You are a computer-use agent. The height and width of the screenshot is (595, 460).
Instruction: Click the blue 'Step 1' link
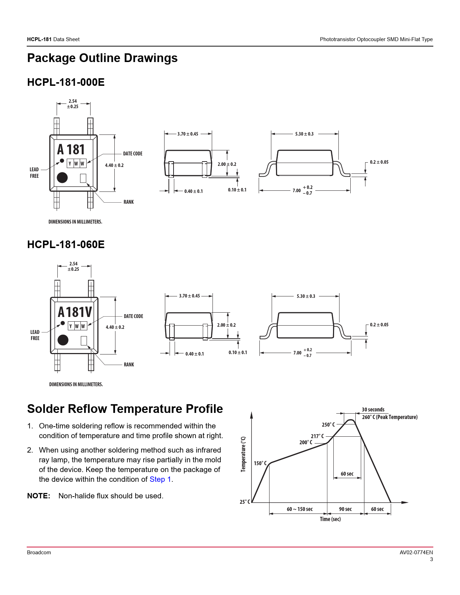[x=160, y=479]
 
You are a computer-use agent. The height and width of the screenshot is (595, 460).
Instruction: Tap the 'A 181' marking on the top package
[x=71, y=150]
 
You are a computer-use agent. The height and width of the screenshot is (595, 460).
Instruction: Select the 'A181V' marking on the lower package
[x=75, y=312]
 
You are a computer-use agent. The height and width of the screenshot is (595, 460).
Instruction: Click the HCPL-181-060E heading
[x=66, y=244]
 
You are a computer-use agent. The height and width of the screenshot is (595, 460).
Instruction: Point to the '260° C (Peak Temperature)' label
[x=390, y=417]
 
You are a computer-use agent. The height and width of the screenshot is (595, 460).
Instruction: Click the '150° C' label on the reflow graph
[x=260, y=463]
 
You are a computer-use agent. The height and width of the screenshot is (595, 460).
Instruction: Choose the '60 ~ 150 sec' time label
[x=299, y=509]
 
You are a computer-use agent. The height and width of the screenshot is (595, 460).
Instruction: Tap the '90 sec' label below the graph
[x=345, y=509]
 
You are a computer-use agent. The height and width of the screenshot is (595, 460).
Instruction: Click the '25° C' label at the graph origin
[x=245, y=502]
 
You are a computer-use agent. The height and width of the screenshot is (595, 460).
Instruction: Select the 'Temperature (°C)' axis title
[x=243, y=454]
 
